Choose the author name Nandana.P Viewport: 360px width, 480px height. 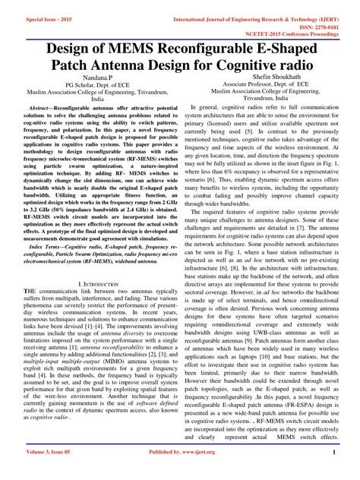97,78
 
